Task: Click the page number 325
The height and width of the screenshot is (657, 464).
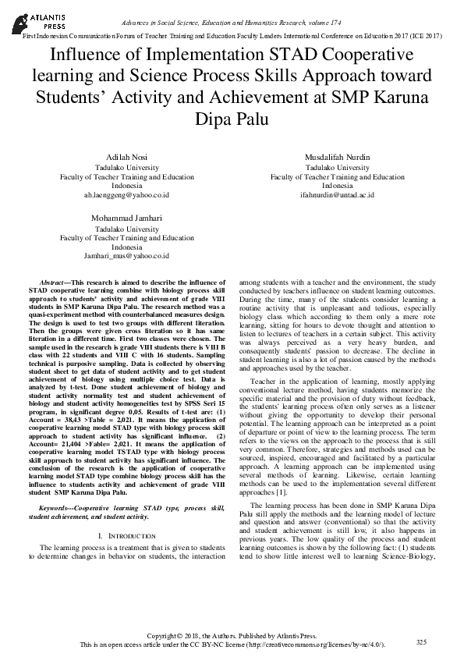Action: click(x=421, y=641)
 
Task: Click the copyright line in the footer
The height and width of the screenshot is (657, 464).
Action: click(x=232, y=636)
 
